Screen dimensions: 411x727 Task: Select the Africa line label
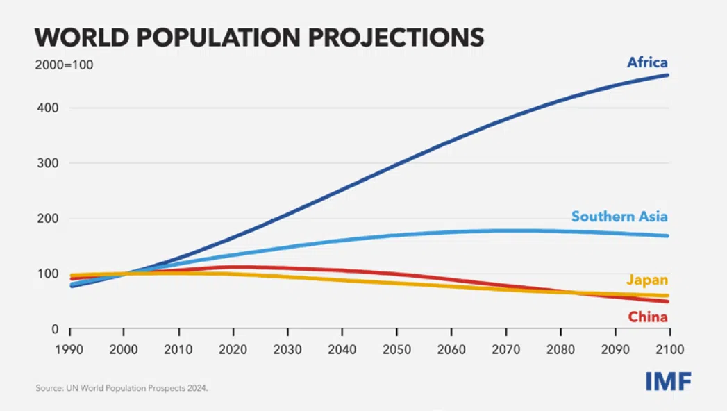pyautogui.click(x=647, y=62)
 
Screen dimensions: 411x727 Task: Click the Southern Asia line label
pyautogui.click(x=619, y=217)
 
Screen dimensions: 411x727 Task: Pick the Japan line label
pyautogui.click(x=647, y=280)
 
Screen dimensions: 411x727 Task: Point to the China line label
pyautogui.click(x=648, y=317)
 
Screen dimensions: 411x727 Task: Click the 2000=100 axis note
pyautogui.click(x=64, y=65)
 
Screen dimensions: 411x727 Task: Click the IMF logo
pyautogui.click(x=668, y=380)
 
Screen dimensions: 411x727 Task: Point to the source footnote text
pyautogui.click(x=122, y=388)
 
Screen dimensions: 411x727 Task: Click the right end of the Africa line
pyautogui.click(x=668, y=75)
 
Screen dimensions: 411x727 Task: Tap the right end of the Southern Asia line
pyautogui.click(x=668, y=236)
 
